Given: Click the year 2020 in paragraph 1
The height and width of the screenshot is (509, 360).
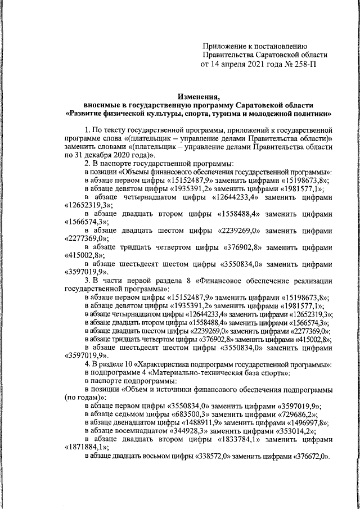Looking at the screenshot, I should tap(118, 154).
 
